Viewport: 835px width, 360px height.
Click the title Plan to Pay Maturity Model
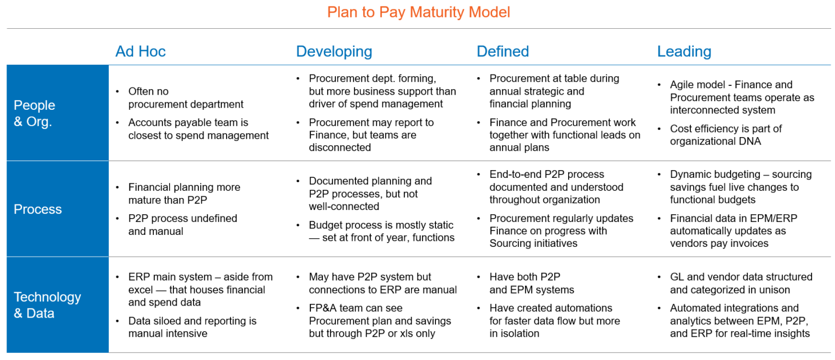click(x=418, y=12)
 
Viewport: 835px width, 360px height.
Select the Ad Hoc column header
click(x=140, y=52)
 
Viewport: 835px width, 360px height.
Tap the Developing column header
click(x=334, y=52)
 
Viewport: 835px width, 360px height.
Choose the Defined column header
click(x=502, y=52)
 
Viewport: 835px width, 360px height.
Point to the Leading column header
click(x=684, y=52)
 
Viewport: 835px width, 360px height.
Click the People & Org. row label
click(x=34, y=113)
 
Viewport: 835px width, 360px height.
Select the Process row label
click(x=38, y=209)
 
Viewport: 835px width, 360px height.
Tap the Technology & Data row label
click(x=47, y=305)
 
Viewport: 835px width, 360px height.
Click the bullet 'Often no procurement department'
click(x=185, y=98)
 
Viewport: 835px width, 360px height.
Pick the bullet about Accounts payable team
click(x=198, y=129)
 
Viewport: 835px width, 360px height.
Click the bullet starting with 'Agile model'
click(x=741, y=97)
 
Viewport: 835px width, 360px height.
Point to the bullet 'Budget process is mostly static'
click(x=381, y=231)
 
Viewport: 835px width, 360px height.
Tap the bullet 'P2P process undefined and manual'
click(x=182, y=225)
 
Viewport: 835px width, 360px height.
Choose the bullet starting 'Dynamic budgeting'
click(x=740, y=187)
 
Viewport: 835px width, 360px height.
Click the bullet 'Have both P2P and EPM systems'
click(x=531, y=283)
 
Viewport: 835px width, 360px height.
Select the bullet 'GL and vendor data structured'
click(x=740, y=283)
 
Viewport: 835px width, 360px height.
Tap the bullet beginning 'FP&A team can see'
click(x=379, y=321)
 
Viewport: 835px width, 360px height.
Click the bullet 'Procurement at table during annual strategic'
click(x=553, y=91)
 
